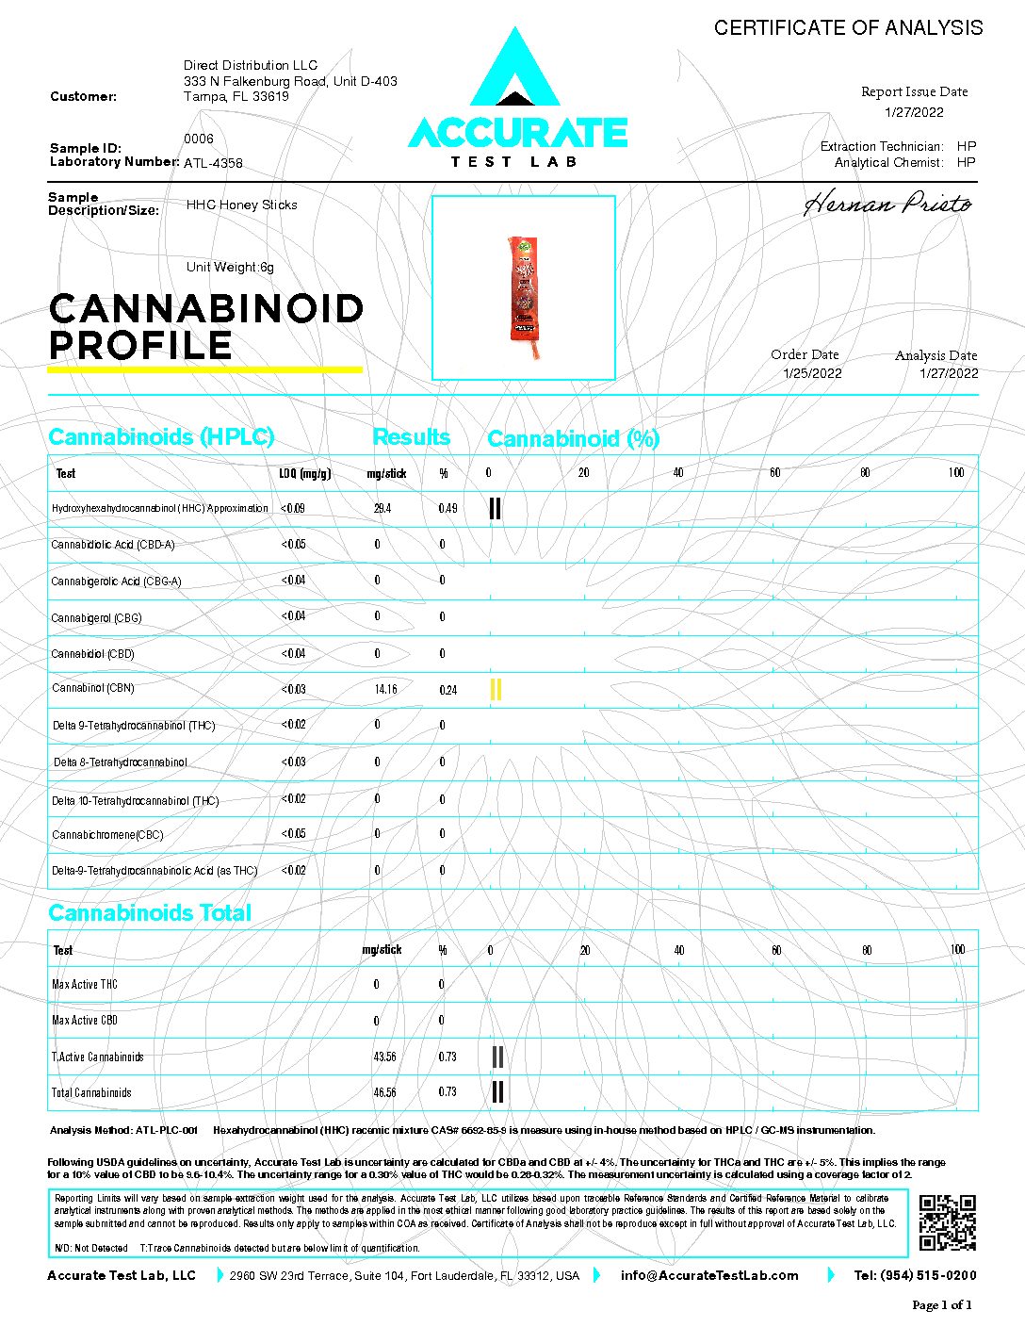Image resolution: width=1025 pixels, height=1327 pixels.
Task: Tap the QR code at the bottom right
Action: (x=947, y=1222)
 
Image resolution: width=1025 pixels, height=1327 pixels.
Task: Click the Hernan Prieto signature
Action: (x=887, y=204)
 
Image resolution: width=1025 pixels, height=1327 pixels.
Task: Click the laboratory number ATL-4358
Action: (x=213, y=163)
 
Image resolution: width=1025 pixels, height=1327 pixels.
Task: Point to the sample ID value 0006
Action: (x=199, y=139)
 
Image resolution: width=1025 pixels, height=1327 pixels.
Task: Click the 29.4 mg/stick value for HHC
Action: (x=382, y=508)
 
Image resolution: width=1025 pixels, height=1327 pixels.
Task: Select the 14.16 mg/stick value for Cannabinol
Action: (x=385, y=689)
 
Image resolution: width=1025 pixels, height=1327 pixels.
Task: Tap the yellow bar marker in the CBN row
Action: (x=496, y=690)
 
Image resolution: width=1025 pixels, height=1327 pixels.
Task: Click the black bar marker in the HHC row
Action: (x=495, y=509)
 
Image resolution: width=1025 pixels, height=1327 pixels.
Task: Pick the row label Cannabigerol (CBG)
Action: (x=96, y=618)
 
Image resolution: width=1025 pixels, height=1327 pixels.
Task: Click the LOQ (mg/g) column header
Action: (x=304, y=473)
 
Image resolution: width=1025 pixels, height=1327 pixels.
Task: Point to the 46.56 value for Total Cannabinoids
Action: (x=384, y=1092)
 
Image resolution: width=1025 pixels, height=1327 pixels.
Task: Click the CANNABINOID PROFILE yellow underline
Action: (x=204, y=369)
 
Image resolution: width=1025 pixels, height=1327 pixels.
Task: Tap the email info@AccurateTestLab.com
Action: (x=709, y=1275)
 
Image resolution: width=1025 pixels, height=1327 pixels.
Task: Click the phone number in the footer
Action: (x=915, y=1275)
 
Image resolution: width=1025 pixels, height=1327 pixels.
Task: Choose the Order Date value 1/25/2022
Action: (x=812, y=373)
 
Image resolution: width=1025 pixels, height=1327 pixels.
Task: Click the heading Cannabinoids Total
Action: (x=150, y=912)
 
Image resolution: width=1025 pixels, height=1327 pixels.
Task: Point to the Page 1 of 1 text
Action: (x=941, y=1305)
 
